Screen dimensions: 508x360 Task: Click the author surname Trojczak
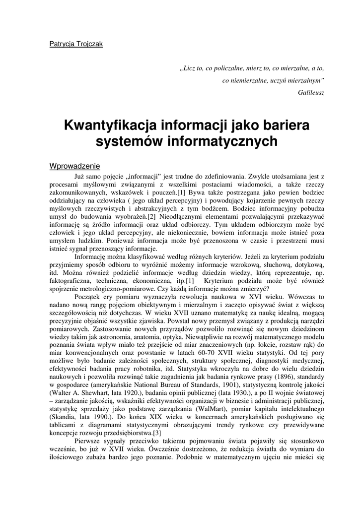(x=88, y=44)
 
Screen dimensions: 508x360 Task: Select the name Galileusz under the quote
(x=311, y=92)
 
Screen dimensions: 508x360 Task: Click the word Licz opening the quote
(x=189, y=68)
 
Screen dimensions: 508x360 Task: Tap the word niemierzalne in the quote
(x=254, y=80)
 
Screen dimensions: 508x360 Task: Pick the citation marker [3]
(x=157, y=433)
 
